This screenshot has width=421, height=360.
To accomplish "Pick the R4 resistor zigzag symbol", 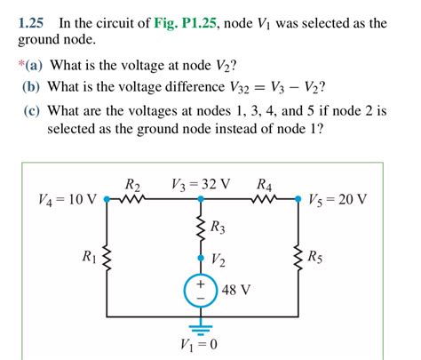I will click(264, 199).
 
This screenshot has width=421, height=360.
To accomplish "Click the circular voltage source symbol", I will click(201, 291).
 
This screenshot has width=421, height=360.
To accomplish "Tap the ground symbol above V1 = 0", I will click(201, 324).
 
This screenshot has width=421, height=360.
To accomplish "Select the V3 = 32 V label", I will click(201, 184).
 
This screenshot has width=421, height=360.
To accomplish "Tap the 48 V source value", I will click(235, 291).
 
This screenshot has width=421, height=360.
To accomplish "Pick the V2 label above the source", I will click(218, 260).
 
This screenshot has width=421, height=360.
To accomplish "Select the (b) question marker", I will click(32, 86).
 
